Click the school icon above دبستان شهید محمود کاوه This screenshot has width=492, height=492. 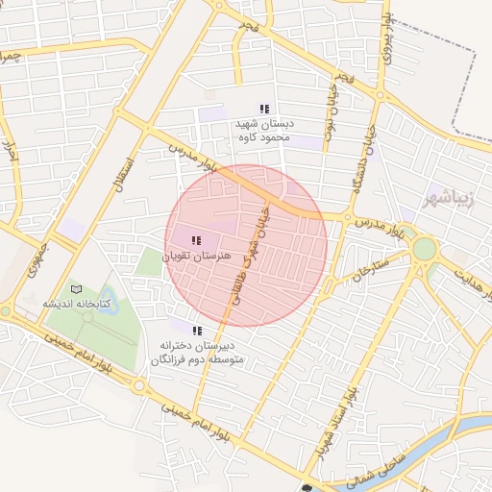pos(264,109)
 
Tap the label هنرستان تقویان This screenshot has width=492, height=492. pos(196,257)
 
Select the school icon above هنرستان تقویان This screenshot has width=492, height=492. pos(196,241)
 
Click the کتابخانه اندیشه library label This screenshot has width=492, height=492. pos(77,304)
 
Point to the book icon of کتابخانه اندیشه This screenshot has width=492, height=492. pos(77,289)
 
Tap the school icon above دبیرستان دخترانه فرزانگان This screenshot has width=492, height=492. pos(197,331)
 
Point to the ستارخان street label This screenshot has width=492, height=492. pos(370,267)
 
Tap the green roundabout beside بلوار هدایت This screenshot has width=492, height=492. pos(424,249)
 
